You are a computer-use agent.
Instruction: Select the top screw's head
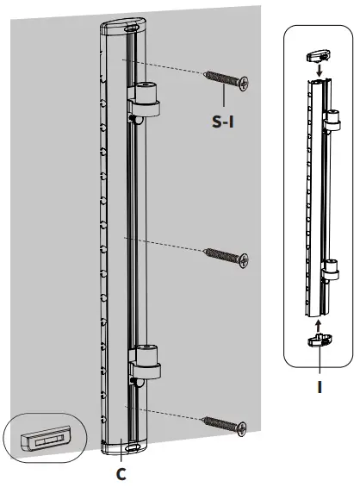pyautogui.click(x=245, y=84)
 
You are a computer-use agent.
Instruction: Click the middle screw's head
pyautogui.click(x=245, y=259)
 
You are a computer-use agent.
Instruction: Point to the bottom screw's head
pyautogui.click(x=243, y=426)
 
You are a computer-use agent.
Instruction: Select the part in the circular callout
pyautogui.click(x=42, y=440)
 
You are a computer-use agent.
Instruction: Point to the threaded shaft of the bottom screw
pyautogui.click(x=220, y=421)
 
